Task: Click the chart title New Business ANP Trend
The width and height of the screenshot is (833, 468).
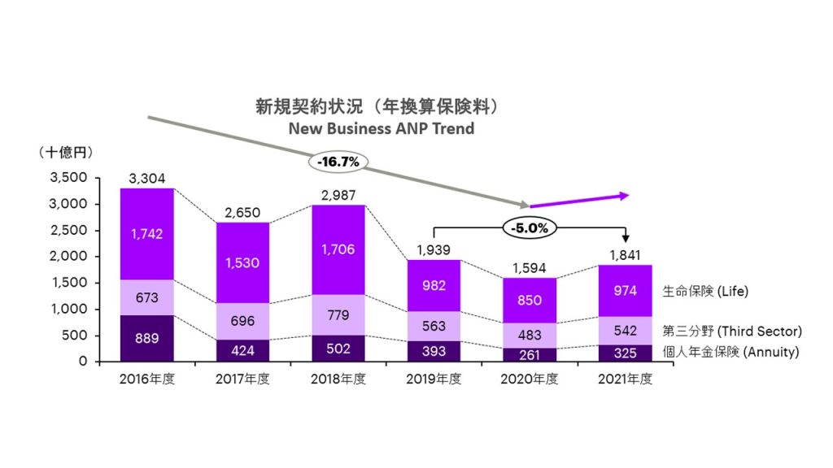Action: click(x=381, y=128)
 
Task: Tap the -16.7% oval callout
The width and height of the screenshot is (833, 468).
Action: click(x=338, y=162)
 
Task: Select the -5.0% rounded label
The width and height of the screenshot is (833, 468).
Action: click(x=530, y=228)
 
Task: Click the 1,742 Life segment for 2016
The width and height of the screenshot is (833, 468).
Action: click(x=147, y=234)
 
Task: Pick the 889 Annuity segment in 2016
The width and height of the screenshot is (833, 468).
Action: click(x=147, y=338)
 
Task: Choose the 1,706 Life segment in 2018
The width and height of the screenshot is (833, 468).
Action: click(x=338, y=249)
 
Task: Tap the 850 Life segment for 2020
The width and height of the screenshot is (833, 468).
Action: click(x=530, y=300)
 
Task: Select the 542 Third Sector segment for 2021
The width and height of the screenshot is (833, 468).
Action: click(x=626, y=331)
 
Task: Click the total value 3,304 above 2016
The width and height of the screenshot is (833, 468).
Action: click(x=147, y=179)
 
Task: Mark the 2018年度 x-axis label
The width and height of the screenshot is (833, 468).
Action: click(x=338, y=379)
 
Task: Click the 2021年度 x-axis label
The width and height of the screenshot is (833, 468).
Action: click(x=626, y=379)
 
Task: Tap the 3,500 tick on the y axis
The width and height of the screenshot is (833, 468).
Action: click(x=68, y=178)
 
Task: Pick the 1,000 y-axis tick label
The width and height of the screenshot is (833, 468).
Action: click(x=68, y=309)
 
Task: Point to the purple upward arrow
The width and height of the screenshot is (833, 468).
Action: click(x=579, y=200)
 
